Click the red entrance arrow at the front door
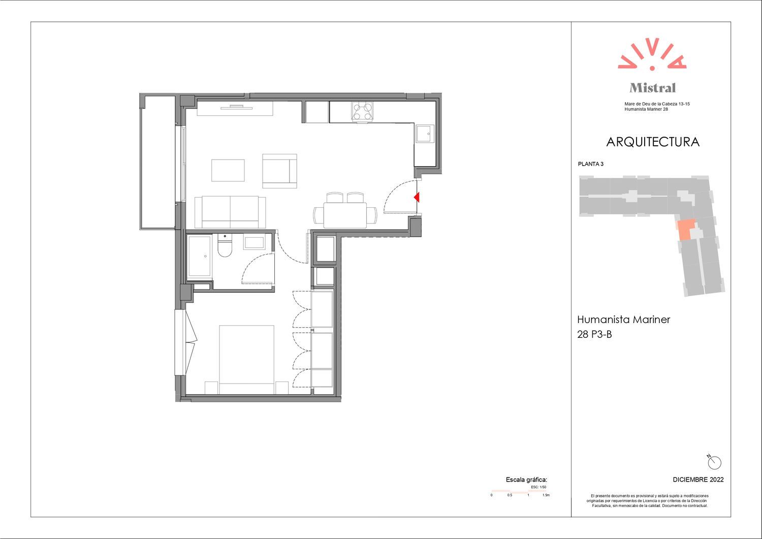(x=417, y=197)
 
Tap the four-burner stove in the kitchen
(x=362, y=111)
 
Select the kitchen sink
(x=425, y=134)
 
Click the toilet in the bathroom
(x=225, y=245)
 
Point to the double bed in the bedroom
(x=246, y=359)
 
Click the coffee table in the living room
(x=228, y=170)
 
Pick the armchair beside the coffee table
(x=279, y=171)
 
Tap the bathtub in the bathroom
(x=199, y=256)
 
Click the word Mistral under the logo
(x=652, y=88)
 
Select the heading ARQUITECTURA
(x=652, y=142)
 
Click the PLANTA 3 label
(x=590, y=164)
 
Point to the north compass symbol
(x=714, y=462)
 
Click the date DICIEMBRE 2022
(x=698, y=480)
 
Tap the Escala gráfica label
(x=526, y=480)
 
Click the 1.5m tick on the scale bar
(x=546, y=495)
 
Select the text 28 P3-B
(x=594, y=334)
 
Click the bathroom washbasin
(x=254, y=243)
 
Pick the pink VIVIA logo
(x=652, y=54)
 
